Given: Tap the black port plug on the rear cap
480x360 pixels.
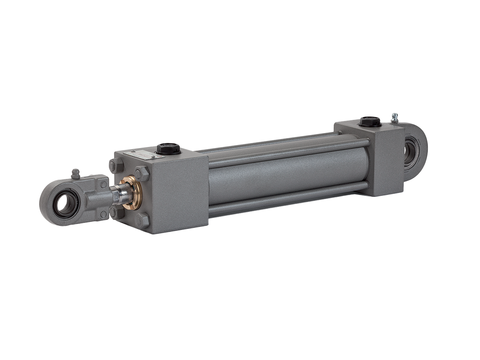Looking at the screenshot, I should (370, 122).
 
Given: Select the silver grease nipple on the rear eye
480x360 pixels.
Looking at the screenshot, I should (394, 118).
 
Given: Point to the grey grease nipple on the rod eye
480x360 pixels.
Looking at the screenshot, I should (76, 173).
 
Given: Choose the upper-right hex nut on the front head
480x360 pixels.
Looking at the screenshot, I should (141, 173).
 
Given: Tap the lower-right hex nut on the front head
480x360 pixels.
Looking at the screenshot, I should (142, 221).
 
